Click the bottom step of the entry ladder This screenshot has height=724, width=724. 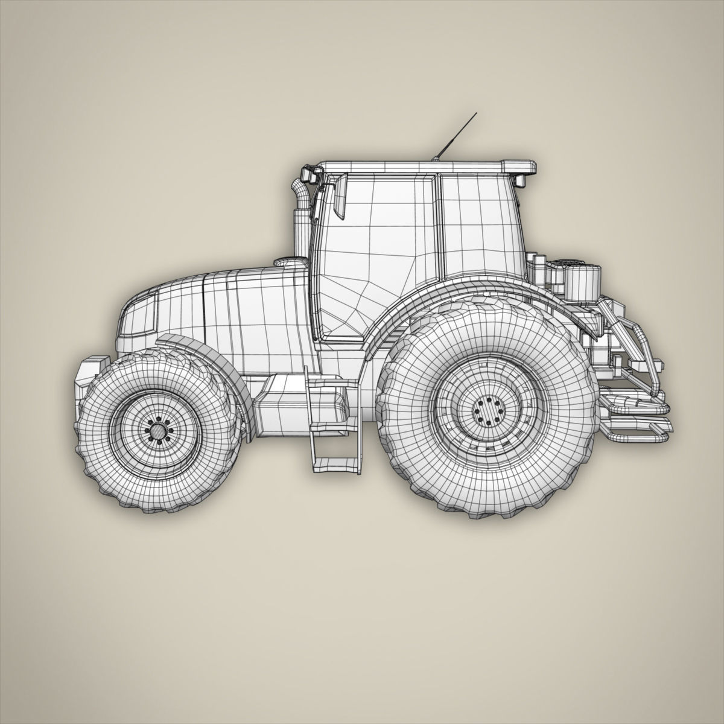[x=333, y=463]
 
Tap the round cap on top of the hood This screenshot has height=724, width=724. [x=290, y=263]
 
